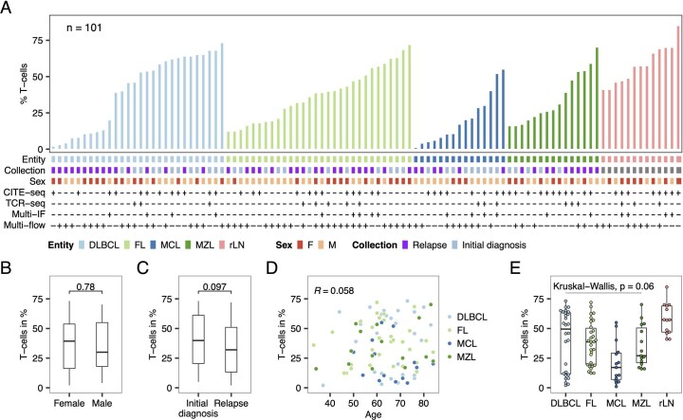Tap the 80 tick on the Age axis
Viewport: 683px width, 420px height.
(x=422, y=401)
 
